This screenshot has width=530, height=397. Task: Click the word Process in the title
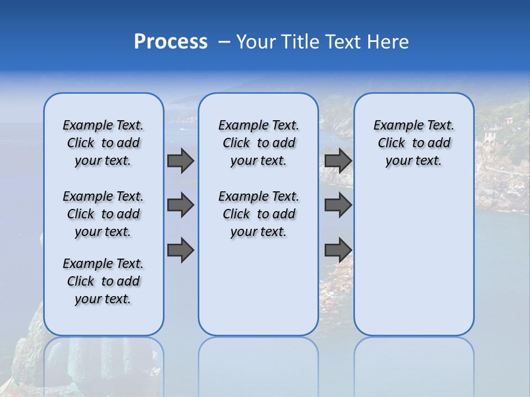(x=171, y=42)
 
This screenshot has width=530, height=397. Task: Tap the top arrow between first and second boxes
(x=181, y=160)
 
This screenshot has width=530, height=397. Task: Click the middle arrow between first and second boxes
(x=181, y=205)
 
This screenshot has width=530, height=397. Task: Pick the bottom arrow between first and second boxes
(x=181, y=250)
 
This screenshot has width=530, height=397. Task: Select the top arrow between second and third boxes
(x=338, y=160)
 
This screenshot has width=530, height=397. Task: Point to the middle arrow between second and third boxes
(x=338, y=205)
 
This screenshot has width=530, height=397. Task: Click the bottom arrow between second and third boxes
(x=338, y=250)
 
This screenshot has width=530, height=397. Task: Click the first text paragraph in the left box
(x=103, y=143)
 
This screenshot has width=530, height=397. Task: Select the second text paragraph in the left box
(x=103, y=214)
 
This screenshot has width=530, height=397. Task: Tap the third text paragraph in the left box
(x=103, y=281)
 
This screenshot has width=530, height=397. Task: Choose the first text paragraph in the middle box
(x=258, y=143)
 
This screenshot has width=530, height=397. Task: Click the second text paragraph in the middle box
(x=258, y=214)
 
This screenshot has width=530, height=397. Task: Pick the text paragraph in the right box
(x=414, y=143)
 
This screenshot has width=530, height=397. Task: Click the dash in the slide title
(x=224, y=42)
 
